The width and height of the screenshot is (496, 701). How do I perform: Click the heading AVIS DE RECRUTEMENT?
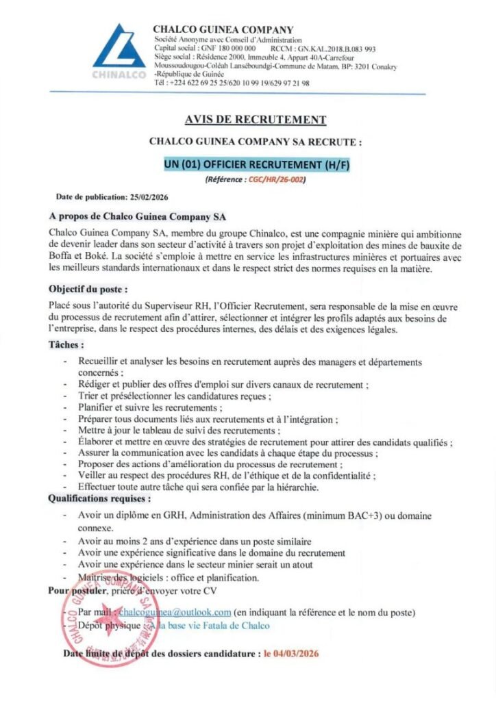point(256,120)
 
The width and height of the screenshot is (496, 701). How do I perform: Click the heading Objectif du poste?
point(88,288)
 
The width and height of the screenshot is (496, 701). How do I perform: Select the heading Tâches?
point(67,345)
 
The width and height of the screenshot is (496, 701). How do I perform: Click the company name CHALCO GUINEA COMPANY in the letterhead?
point(223,29)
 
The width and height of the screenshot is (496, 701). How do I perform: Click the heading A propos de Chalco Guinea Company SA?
point(138,217)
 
